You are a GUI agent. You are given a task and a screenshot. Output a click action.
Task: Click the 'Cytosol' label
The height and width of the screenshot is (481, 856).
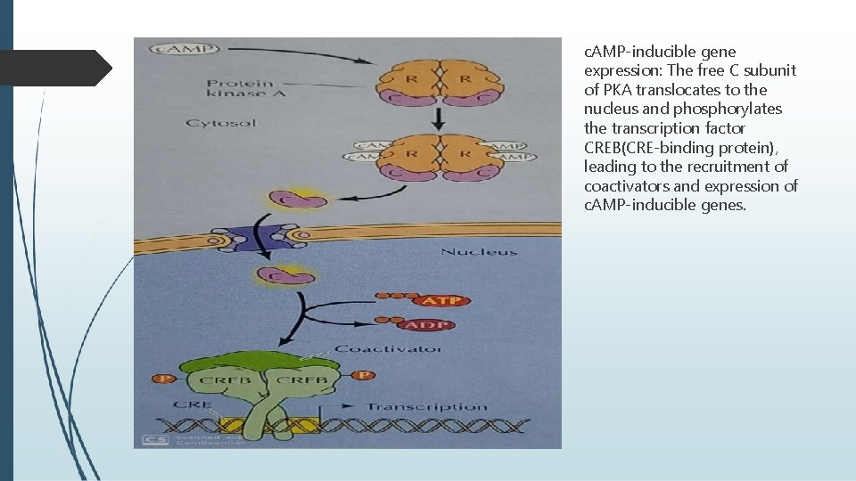click(x=220, y=123)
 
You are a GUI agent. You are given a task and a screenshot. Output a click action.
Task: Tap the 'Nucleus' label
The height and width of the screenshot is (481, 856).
click(x=479, y=252)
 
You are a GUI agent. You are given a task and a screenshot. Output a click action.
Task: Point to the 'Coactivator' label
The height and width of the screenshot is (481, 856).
click(x=387, y=348)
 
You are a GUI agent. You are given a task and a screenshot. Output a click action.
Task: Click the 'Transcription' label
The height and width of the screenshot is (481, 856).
click(x=427, y=407)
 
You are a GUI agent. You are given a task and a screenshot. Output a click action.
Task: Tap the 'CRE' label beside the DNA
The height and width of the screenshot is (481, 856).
click(x=192, y=405)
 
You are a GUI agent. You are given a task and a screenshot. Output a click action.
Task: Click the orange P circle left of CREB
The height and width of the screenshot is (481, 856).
click(x=162, y=379)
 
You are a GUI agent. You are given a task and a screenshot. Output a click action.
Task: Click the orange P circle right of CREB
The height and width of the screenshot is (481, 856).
click(x=361, y=375)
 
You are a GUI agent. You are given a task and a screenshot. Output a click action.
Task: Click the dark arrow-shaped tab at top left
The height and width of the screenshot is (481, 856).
click(x=55, y=69)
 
